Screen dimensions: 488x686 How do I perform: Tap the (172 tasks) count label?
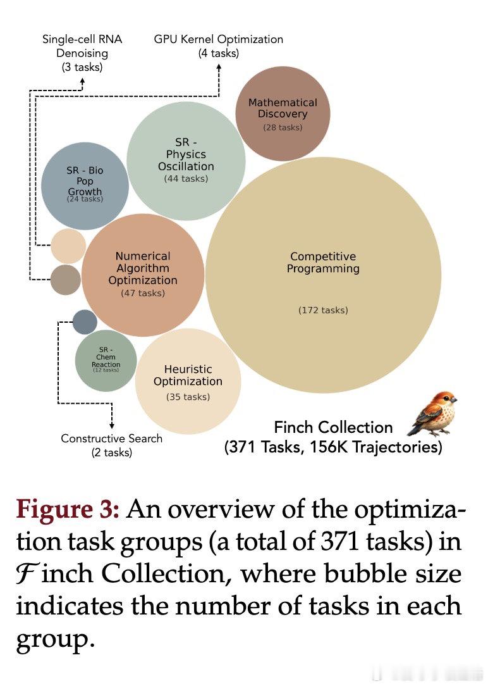coord(323,310)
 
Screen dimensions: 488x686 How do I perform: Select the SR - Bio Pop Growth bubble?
coord(85,186)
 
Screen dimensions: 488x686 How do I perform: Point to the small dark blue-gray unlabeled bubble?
coord(85,321)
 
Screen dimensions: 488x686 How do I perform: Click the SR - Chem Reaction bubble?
coord(106,361)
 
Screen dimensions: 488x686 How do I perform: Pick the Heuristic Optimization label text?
coord(188,375)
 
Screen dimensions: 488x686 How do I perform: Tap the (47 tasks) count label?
coord(143,293)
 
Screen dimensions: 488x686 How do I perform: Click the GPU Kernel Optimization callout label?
coord(219,46)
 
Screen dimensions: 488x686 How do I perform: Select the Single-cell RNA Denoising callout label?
coord(82,53)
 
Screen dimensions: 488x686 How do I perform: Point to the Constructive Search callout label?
coord(112,445)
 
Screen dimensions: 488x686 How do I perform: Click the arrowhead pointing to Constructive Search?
coord(112,426)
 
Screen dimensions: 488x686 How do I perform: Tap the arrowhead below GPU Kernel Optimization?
coord(219,67)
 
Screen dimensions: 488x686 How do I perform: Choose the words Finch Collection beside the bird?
coord(333,427)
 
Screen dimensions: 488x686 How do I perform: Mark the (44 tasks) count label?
coord(186,178)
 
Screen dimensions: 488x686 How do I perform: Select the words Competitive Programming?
coord(323,263)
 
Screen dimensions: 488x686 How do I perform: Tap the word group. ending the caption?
coord(56,640)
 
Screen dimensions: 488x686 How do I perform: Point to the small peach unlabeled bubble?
coord(68,246)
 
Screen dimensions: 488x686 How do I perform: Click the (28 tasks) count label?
coord(283,127)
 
